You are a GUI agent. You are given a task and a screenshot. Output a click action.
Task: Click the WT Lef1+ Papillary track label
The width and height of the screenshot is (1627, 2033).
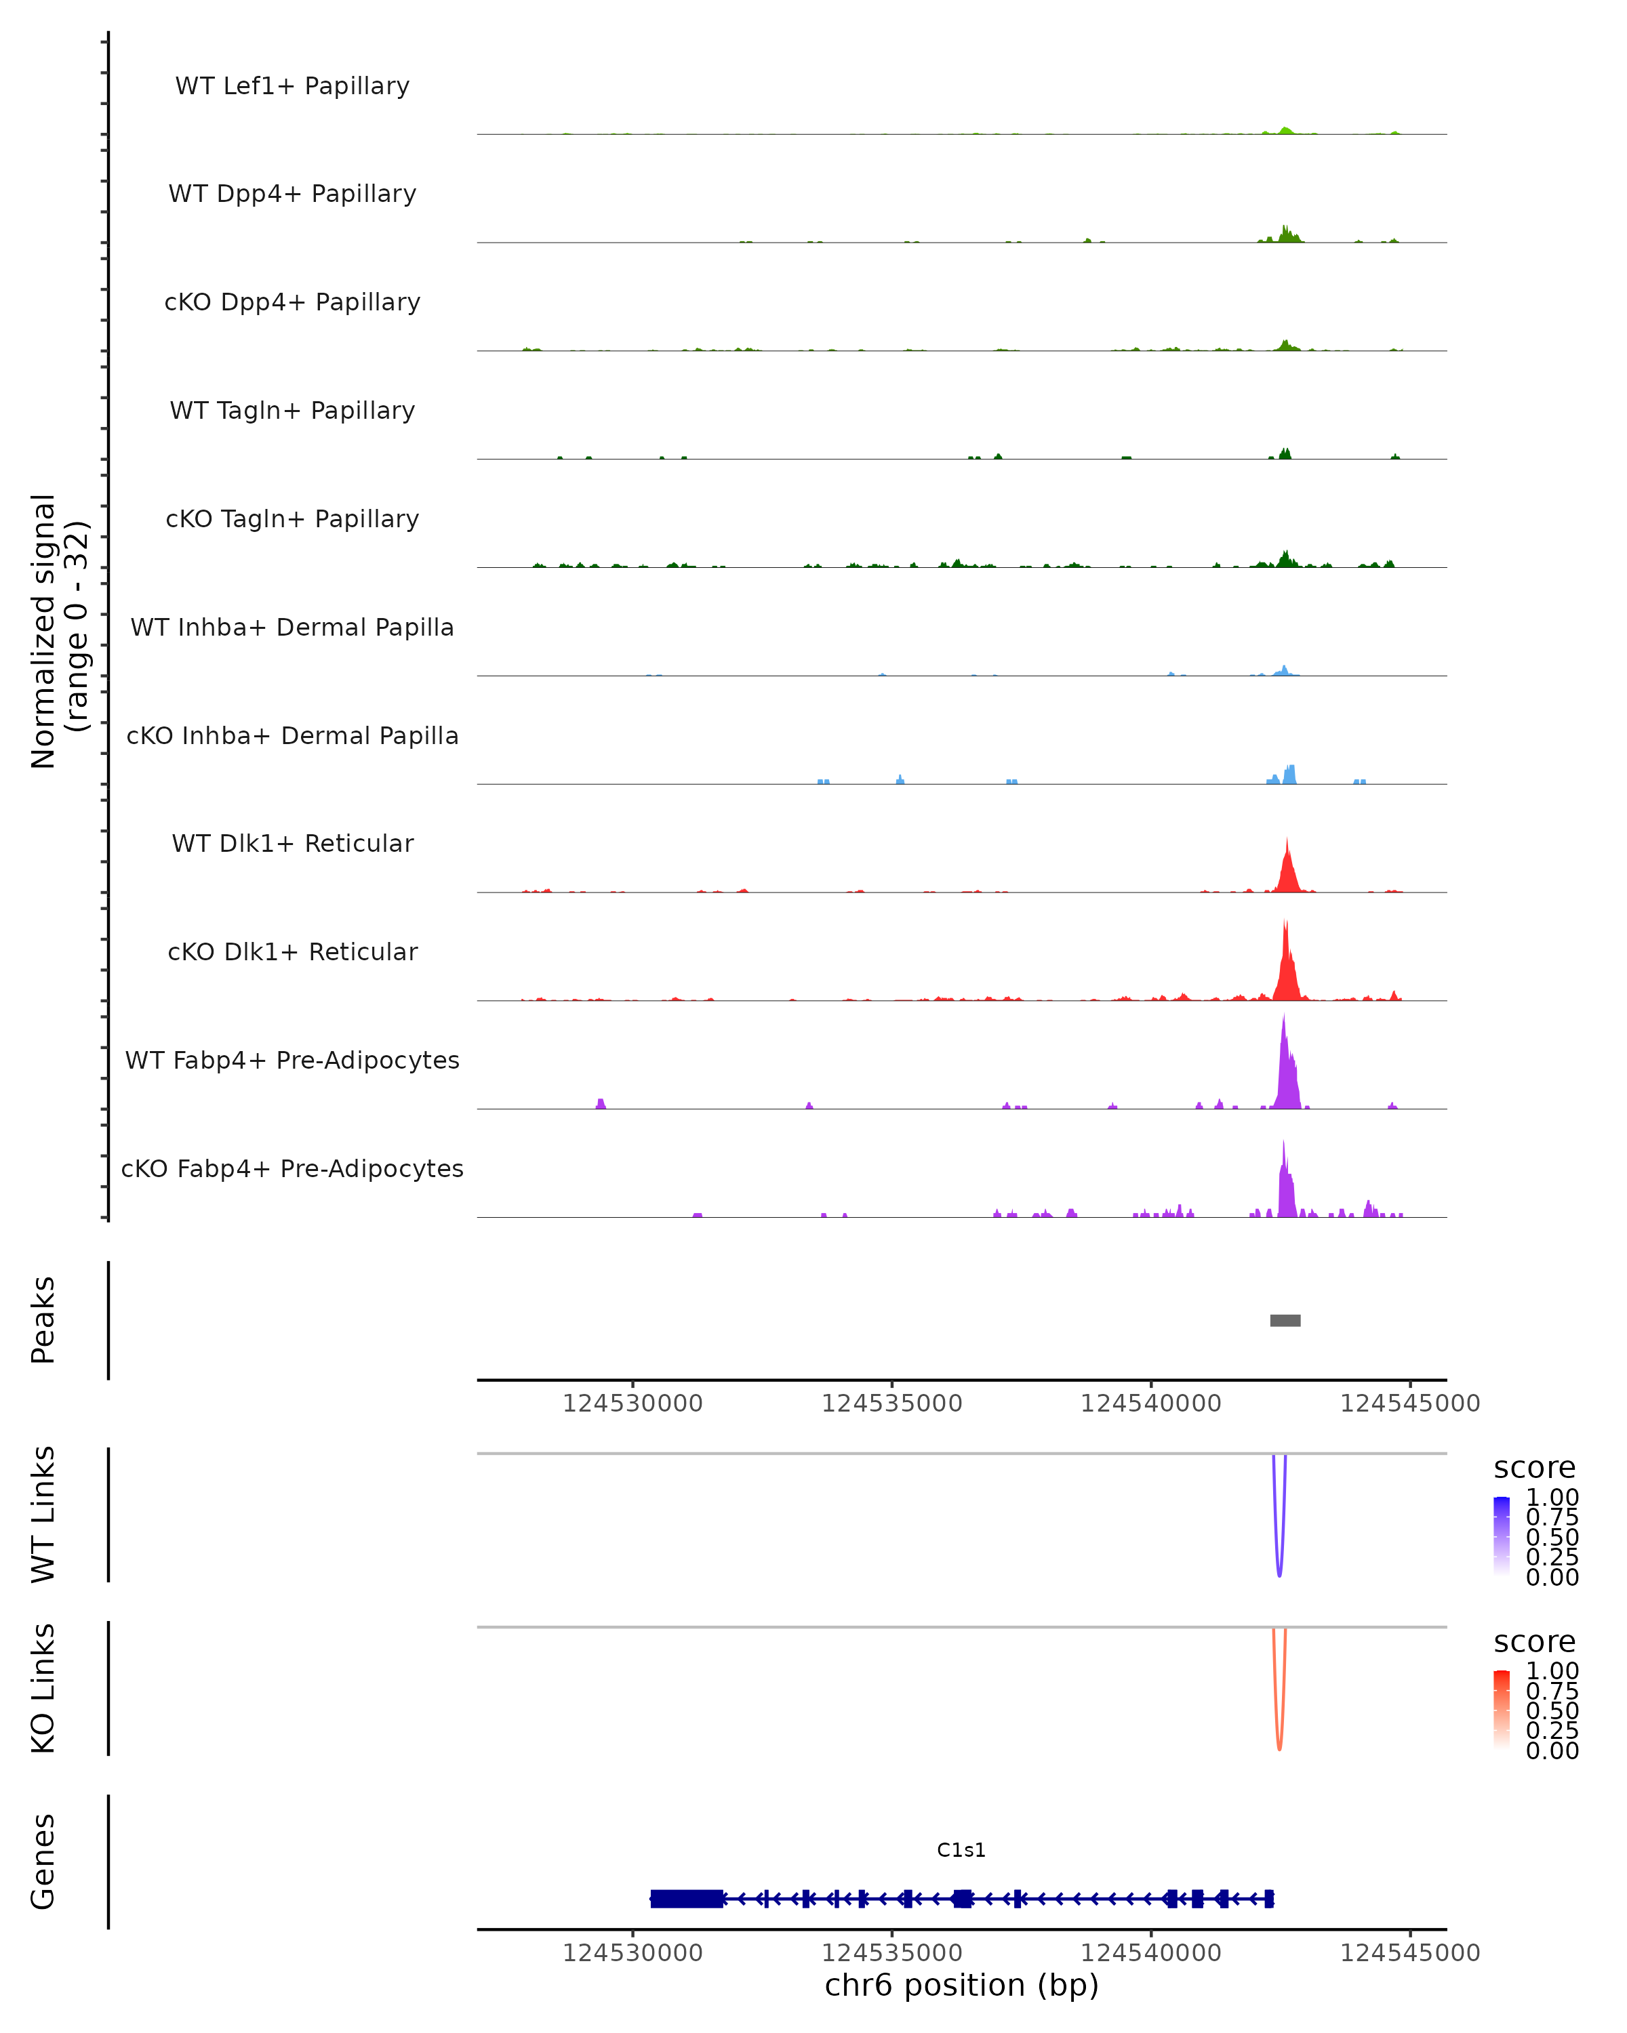tap(292, 86)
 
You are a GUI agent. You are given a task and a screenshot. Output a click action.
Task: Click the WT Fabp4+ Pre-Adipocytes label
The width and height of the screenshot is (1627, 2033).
tap(292, 1060)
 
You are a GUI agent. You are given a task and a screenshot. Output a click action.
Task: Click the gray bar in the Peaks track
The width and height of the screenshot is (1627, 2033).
tap(1285, 1320)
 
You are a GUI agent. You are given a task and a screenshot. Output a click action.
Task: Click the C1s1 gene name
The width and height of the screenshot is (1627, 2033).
tap(961, 1850)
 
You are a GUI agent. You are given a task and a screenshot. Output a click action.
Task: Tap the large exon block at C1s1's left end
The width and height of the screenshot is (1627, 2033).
tap(687, 1898)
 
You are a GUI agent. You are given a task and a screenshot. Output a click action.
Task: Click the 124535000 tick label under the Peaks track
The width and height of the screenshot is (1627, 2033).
tap(891, 1403)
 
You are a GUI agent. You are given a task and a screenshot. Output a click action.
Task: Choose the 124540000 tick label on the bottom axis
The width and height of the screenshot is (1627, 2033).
tap(1150, 1952)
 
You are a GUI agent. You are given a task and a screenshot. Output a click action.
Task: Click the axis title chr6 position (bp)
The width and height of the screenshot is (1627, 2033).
tap(961, 1985)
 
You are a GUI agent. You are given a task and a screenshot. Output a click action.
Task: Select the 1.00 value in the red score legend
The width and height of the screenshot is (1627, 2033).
tap(1552, 1670)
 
